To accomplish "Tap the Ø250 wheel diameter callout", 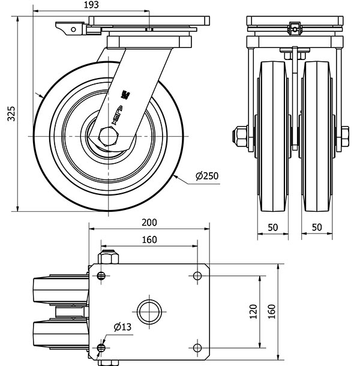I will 206,176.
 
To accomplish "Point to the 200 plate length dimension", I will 149,222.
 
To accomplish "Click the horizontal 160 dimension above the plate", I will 149,240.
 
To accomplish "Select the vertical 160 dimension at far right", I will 272,311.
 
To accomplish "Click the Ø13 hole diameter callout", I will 122,326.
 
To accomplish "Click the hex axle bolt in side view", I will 109,136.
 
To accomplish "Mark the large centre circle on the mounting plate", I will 149,311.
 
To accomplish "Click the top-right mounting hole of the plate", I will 197,276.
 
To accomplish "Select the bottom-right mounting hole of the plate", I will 197,347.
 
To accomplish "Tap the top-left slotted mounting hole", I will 101,276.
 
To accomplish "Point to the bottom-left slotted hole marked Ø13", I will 101,347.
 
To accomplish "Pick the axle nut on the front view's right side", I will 346,136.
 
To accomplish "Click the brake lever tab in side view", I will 69,28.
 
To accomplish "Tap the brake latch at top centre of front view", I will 294,27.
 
